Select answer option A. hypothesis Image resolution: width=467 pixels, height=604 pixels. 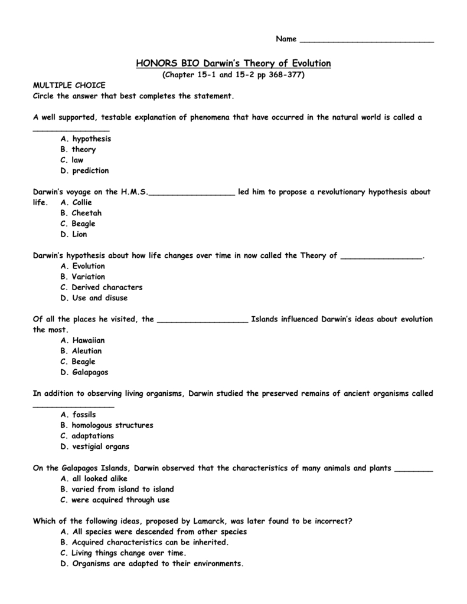click(86, 139)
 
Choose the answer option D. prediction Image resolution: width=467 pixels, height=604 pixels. click(84, 170)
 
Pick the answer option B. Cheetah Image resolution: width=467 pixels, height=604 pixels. click(81, 213)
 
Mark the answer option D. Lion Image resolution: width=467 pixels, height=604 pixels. click(74, 234)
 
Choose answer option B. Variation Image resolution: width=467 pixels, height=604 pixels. click(83, 277)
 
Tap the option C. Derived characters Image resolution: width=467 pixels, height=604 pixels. click(101, 287)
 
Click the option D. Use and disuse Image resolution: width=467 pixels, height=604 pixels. click(94, 298)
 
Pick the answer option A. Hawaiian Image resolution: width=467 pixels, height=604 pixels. click(83, 340)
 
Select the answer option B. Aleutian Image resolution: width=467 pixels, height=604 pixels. click(81, 351)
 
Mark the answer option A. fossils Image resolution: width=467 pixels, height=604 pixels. click(78, 415)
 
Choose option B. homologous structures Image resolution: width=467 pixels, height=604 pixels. click(106, 425)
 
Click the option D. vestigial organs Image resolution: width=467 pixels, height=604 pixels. click(94, 447)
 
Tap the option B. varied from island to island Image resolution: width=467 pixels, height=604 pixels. click(117, 489)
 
